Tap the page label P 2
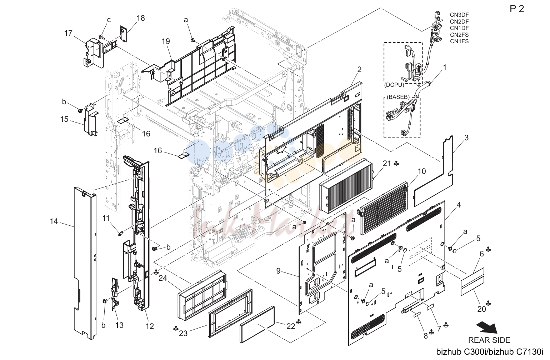[x=517, y=9]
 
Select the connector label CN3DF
[x=459, y=15]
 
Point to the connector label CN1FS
[x=459, y=41]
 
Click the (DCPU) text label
[x=394, y=85]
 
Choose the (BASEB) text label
[x=398, y=97]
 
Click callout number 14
[x=54, y=221]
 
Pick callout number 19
[x=166, y=41]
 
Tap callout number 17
[x=68, y=33]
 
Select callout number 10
[x=421, y=171]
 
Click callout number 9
[x=278, y=271]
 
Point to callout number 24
[x=163, y=278]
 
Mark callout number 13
[x=119, y=325]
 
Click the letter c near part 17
[x=109, y=20]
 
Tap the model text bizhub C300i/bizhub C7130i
[x=490, y=352]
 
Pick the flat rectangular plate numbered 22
[x=257, y=324]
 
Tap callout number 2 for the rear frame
[x=359, y=70]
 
